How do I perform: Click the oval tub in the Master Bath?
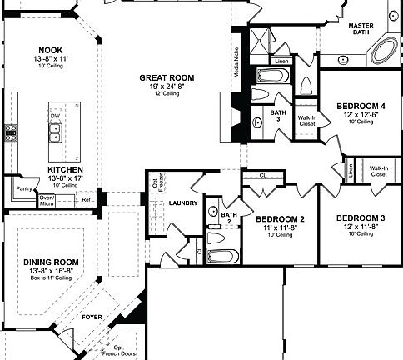tap(384, 52)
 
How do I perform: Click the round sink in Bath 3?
tap(257, 122)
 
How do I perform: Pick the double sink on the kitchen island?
tap(54, 130)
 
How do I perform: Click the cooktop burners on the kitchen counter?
tap(11, 130)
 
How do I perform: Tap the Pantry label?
tap(23, 189)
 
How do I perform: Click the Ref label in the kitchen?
tap(86, 199)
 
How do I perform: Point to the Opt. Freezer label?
tap(156, 185)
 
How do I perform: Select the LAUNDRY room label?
tap(182, 202)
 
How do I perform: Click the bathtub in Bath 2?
tap(223, 256)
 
